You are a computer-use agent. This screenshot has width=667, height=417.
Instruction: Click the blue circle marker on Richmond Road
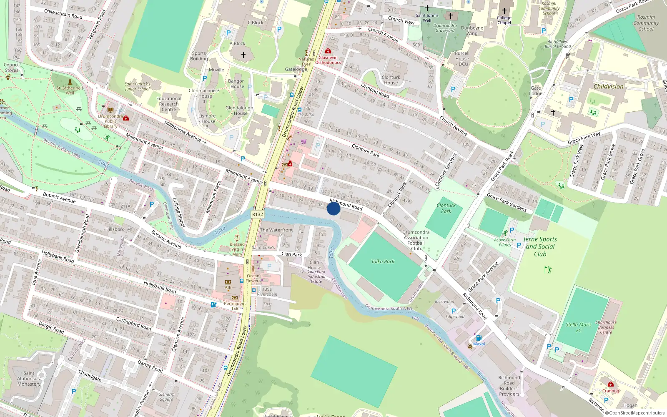pyautogui.click(x=333, y=208)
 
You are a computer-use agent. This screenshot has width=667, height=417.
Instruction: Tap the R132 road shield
pyautogui.click(x=258, y=214)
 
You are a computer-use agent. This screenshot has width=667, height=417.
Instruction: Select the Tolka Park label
pyautogui.click(x=383, y=261)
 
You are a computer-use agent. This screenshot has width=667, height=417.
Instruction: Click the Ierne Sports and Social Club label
pyautogui.click(x=540, y=246)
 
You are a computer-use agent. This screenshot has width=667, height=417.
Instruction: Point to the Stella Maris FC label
pyautogui.click(x=579, y=327)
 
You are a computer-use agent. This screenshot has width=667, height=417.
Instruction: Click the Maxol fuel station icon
pyautogui.click(x=479, y=338)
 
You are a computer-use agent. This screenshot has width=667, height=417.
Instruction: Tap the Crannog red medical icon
pyautogui.click(x=611, y=384)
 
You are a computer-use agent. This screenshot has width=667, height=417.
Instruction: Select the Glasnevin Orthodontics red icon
pyautogui.click(x=328, y=51)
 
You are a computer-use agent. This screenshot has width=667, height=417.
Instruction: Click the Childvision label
pyautogui.click(x=608, y=87)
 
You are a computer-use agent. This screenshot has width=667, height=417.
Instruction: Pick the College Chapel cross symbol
pyautogui.click(x=504, y=11)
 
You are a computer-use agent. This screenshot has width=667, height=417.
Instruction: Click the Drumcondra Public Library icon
pyautogui.click(x=111, y=110)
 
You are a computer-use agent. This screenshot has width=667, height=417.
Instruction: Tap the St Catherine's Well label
pyautogui.click(x=70, y=90)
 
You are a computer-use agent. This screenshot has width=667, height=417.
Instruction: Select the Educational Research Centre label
pyautogui.click(x=169, y=104)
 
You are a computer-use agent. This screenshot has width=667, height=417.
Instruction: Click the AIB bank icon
pyautogui.click(x=228, y=282)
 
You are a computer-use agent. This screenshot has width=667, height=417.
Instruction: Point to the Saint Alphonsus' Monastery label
pyautogui.click(x=29, y=379)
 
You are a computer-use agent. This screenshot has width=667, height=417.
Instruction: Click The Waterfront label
pyautogui.click(x=276, y=230)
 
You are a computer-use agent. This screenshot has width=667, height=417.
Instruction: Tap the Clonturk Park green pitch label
pyautogui.click(x=446, y=208)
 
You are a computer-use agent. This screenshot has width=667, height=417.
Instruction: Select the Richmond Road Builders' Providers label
pyautogui.click(x=509, y=386)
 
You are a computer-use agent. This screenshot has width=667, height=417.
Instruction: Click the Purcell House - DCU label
pyautogui.click(x=462, y=58)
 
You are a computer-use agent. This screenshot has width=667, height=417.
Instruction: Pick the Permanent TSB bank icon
pyautogui.click(x=234, y=298)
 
